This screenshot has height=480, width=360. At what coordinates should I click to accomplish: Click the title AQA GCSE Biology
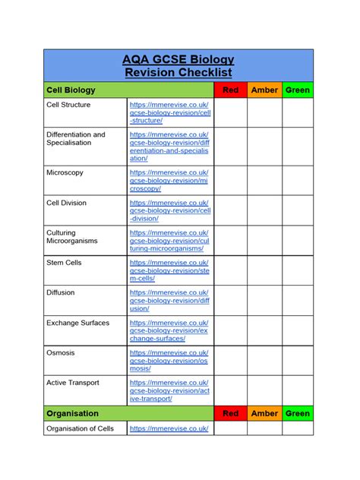click(x=179, y=59)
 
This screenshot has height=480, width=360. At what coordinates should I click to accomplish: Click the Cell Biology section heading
click(x=71, y=90)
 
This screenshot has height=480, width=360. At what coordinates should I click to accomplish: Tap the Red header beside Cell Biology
click(x=230, y=90)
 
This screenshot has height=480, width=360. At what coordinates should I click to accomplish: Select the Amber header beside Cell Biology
click(x=264, y=90)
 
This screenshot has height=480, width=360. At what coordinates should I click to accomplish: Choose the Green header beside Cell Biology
click(x=298, y=90)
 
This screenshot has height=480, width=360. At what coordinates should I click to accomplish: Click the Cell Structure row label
click(x=68, y=105)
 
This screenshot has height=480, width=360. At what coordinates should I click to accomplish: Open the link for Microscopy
click(x=169, y=180)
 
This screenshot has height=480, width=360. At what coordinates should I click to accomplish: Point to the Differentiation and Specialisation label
click(x=76, y=138)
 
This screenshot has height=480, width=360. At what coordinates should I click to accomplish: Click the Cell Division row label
click(x=67, y=203)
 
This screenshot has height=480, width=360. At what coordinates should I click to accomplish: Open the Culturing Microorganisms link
click(x=169, y=240)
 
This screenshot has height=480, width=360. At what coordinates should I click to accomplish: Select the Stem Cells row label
click(x=64, y=263)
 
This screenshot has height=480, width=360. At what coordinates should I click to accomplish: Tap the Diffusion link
click(x=169, y=300)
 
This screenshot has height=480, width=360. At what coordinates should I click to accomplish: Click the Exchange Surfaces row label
click(x=77, y=323)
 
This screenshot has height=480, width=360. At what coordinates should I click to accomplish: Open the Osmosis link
click(x=169, y=360)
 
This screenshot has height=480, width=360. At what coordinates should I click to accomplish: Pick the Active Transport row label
click(x=73, y=383)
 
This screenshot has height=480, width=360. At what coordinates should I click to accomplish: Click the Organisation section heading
click(x=72, y=413)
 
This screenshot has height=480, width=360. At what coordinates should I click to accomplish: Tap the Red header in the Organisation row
click(x=230, y=413)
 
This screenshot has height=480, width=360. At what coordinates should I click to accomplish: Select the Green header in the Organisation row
click(x=298, y=413)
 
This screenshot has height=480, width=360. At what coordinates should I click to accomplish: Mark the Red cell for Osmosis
click(x=230, y=360)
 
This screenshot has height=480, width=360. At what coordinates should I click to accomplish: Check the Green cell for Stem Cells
click(x=298, y=270)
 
